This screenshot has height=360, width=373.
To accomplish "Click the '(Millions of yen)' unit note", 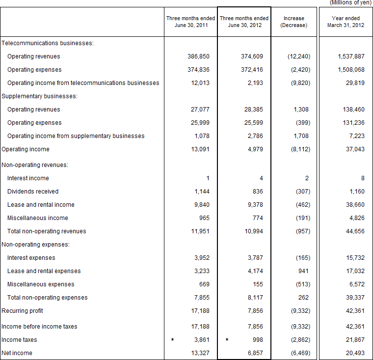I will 350,2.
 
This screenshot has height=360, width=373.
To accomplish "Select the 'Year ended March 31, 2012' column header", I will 346,22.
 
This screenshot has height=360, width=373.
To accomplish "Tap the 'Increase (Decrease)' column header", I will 293,22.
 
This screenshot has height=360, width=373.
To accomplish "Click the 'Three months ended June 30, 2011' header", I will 190,22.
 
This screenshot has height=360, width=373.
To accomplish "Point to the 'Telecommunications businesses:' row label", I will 47,43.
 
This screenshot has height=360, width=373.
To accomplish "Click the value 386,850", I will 198,56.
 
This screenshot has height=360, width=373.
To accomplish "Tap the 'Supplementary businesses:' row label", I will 40,96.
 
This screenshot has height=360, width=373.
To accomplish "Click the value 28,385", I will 252,110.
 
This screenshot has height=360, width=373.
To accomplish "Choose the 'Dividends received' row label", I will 32,192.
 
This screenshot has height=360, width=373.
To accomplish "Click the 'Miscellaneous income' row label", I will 37,218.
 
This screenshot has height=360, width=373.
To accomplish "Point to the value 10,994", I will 252,231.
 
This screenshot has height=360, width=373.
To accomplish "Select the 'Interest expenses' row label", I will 31,258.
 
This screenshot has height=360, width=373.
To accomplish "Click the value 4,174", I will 254,271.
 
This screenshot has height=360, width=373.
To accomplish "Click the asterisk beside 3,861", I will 172,340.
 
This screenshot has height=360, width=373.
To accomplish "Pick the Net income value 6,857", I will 254,353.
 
